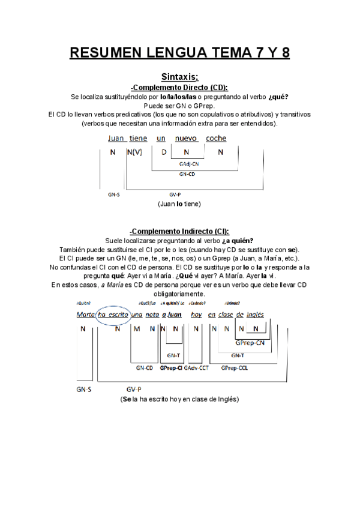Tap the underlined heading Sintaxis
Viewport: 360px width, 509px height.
(x=180, y=77)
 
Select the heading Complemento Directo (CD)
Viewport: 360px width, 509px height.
(x=179, y=87)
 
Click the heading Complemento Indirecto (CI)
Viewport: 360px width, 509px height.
(x=179, y=232)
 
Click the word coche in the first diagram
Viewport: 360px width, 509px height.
(x=216, y=139)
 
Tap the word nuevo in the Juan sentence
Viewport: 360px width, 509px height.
(x=186, y=139)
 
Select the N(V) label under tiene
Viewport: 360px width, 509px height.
(x=135, y=152)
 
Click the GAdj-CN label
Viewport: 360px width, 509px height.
(x=189, y=163)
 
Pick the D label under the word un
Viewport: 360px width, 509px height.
(x=163, y=152)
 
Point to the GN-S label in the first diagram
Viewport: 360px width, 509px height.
(x=113, y=194)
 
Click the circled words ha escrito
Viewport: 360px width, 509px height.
(x=113, y=315)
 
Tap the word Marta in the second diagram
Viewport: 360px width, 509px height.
(x=86, y=315)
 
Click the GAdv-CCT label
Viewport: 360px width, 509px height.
(x=196, y=368)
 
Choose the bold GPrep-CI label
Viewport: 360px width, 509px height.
(x=171, y=368)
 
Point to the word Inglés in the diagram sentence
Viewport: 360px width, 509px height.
(x=256, y=315)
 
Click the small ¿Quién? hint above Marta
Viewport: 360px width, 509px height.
(x=83, y=303)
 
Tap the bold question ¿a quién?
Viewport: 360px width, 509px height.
(x=238, y=241)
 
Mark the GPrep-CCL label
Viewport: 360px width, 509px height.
(x=234, y=368)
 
